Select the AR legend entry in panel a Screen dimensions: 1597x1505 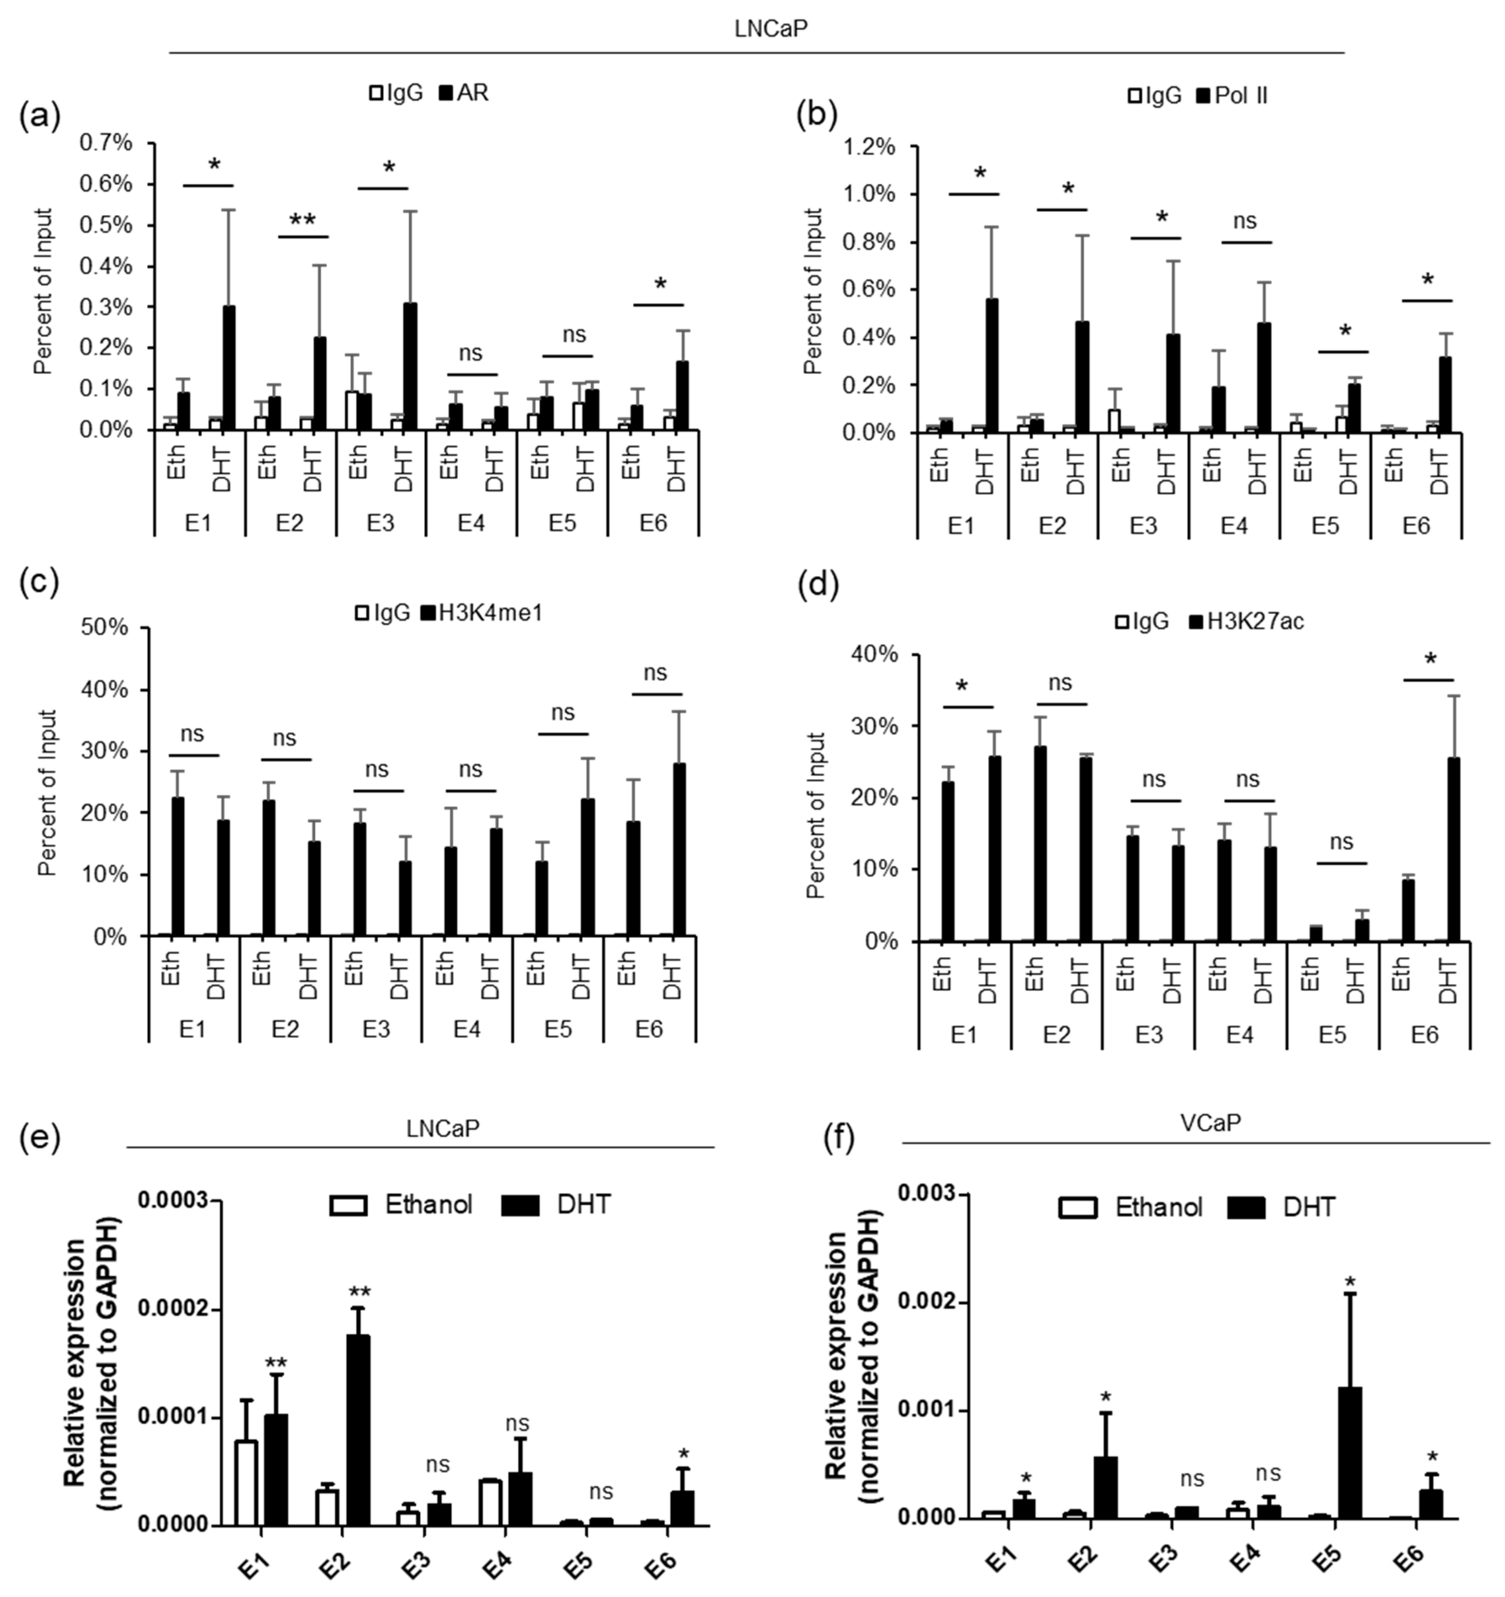click(x=464, y=93)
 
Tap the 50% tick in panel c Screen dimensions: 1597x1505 click(x=105, y=627)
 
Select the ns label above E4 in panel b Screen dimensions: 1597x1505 click(x=1245, y=221)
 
